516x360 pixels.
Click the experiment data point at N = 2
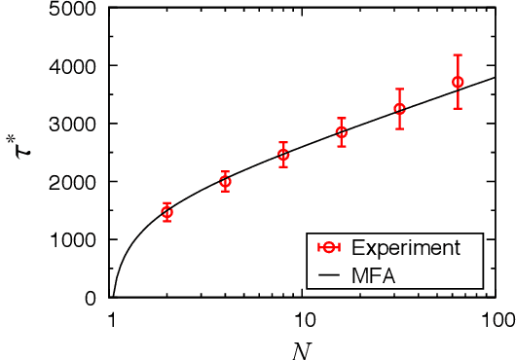pos(167,212)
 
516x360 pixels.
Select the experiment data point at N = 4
pos(225,181)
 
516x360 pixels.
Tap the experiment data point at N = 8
pos(283,155)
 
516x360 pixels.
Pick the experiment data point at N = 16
pos(342,132)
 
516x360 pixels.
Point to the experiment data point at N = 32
pos(399,109)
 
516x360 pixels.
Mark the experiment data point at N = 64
pos(458,82)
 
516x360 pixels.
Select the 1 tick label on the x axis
pos(113,319)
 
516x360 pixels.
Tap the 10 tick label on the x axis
pos(305,319)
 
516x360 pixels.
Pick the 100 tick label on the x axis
pos(497,319)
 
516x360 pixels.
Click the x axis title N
pos(305,347)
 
